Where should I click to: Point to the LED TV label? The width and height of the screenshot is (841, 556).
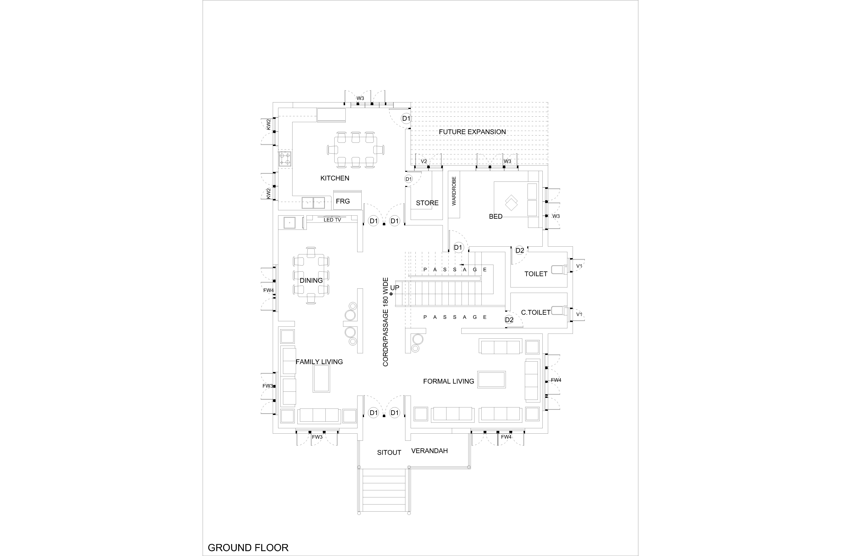point(332,220)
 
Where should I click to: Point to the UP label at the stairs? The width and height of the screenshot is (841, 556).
point(395,288)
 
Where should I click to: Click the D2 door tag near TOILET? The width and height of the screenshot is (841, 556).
point(520,250)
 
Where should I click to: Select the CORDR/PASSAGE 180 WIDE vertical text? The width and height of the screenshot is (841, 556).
point(386,322)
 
